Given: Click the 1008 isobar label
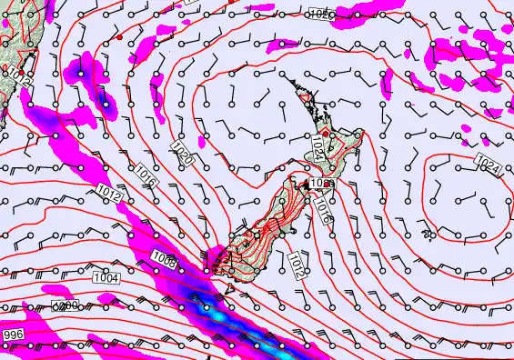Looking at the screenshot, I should (x=165, y=259).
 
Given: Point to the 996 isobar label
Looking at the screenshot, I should (x=13, y=335).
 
